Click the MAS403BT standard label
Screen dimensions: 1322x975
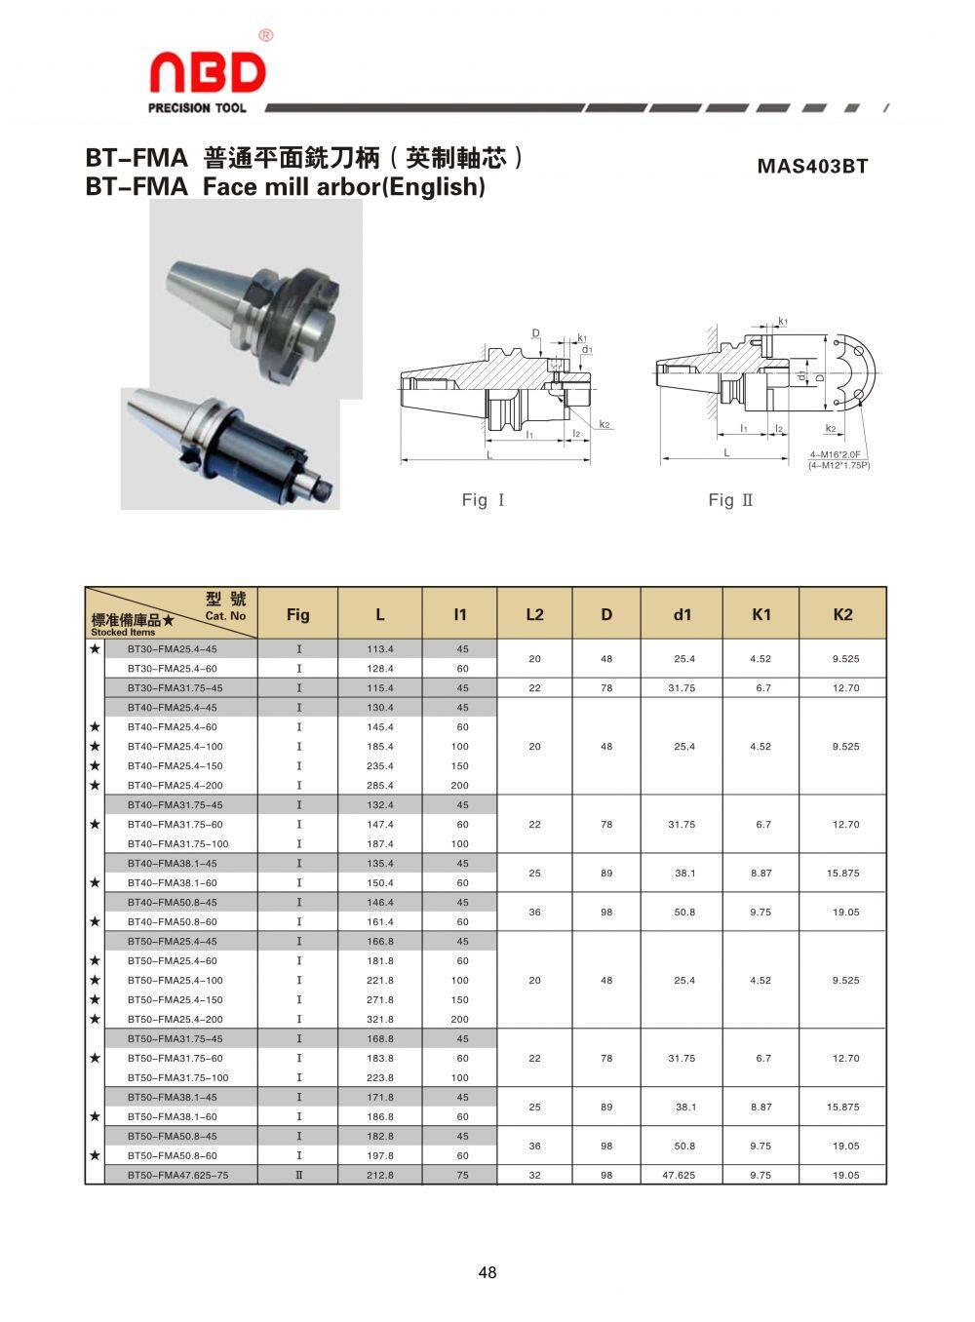point(812,167)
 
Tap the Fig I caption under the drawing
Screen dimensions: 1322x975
point(483,500)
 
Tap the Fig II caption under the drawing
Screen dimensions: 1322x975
point(730,500)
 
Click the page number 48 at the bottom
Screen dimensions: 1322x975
point(487,1272)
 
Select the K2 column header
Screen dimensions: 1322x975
point(842,614)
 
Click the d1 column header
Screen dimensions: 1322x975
point(682,614)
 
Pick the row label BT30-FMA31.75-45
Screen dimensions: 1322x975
point(175,688)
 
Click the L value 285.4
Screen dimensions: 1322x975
point(379,786)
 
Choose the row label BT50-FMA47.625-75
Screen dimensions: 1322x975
point(177,1176)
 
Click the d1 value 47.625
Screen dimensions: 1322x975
point(679,1176)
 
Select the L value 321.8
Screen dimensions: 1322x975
point(379,1020)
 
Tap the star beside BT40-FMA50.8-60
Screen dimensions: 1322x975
point(95,921)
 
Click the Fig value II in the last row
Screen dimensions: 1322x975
point(298,1176)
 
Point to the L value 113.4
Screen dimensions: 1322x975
point(379,649)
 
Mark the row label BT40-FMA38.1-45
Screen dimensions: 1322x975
point(172,864)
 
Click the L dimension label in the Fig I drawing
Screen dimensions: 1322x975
point(487,454)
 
